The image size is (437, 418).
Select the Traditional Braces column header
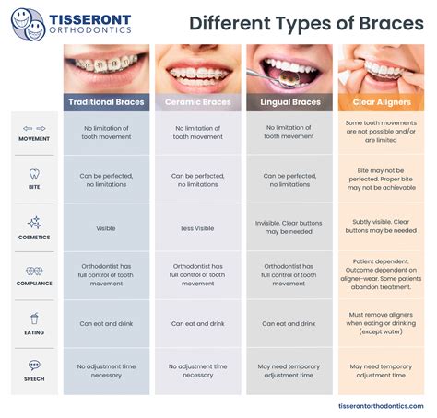click(x=106, y=101)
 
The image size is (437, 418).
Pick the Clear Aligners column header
click(x=381, y=101)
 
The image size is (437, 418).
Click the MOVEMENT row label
click(x=34, y=139)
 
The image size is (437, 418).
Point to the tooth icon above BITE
click(x=34, y=172)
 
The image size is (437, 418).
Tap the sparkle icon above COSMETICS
click(x=34, y=223)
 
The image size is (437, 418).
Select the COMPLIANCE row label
click(x=34, y=284)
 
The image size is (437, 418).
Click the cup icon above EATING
click(x=34, y=319)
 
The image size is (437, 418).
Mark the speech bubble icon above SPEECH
click(x=34, y=366)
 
